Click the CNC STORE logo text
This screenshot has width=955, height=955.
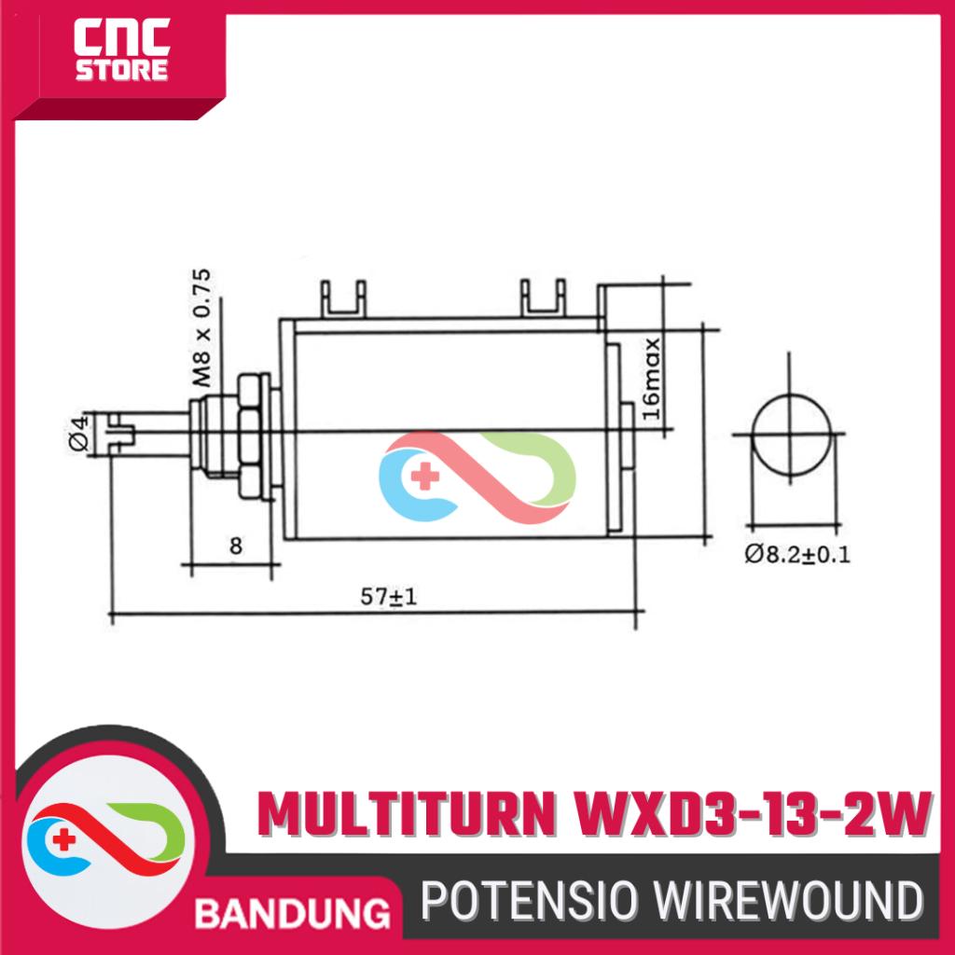(x=122, y=50)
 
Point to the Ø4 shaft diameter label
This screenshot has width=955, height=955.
(x=79, y=433)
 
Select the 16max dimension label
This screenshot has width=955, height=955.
(x=651, y=378)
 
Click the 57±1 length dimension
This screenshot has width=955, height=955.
(x=389, y=596)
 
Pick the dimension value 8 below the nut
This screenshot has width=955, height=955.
(x=236, y=546)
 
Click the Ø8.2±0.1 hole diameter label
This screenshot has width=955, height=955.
(x=797, y=554)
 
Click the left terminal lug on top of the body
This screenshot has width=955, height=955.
(x=344, y=298)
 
